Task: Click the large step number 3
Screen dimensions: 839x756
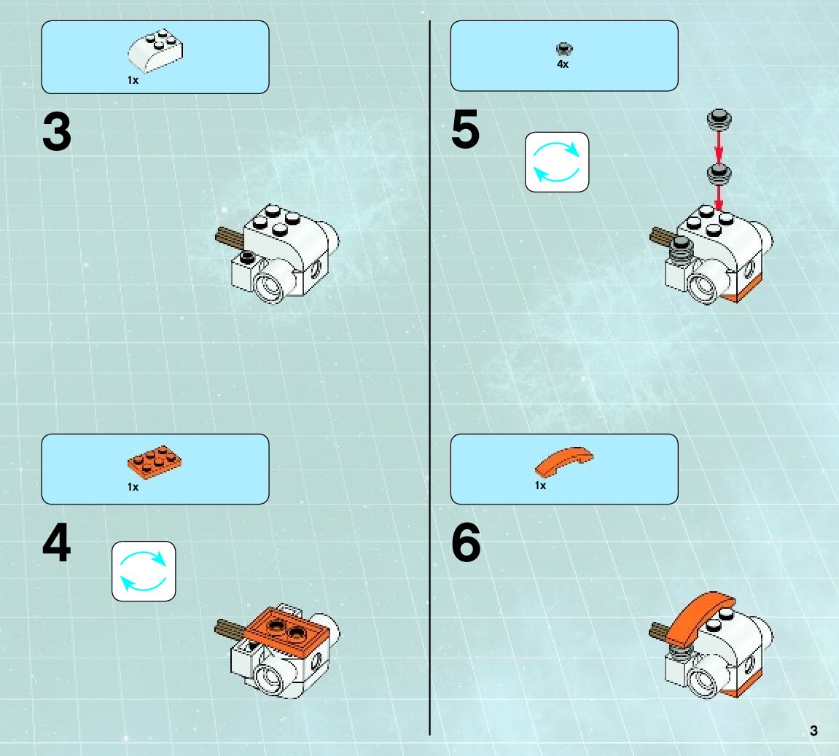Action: point(57,132)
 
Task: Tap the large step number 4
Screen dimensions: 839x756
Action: point(57,542)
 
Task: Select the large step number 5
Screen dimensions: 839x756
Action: point(466,130)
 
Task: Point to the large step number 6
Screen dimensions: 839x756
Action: point(466,542)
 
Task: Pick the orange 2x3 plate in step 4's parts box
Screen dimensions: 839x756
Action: point(154,462)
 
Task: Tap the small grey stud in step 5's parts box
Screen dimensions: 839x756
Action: point(564,50)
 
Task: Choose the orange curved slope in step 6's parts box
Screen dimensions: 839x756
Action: point(564,461)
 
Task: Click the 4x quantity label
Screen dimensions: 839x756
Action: point(563,64)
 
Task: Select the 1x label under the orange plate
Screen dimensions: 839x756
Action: point(133,487)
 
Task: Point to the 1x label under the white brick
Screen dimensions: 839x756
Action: point(133,80)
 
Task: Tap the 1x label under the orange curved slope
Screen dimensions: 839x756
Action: point(540,486)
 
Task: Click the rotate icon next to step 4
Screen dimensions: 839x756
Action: point(144,571)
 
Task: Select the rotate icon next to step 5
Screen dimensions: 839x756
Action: point(557,162)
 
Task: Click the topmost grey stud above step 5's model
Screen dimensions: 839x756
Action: point(719,120)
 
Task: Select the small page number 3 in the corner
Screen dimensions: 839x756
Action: point(813,731)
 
